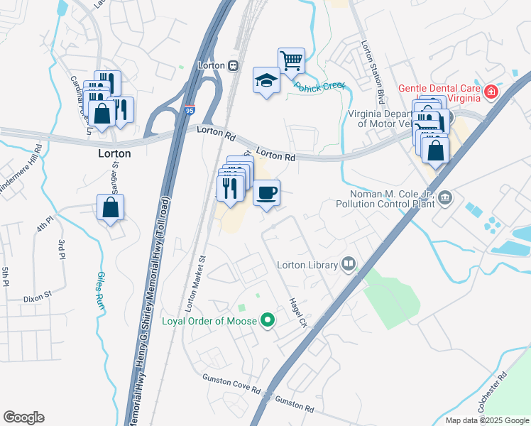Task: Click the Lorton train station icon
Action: coord(233,65)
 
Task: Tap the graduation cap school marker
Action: coord(266,81)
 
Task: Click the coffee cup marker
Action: coord(266,192)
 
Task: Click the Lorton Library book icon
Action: coord(348,265)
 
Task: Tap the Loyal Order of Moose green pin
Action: coord(268,321)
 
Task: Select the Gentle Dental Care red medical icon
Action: coord(490,92)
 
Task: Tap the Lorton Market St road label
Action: coord(195,283)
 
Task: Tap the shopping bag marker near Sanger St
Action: coord(111,207)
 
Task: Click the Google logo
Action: coord(23,417)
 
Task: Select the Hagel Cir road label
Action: coord(297,312)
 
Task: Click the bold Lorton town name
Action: coord(114,153)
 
